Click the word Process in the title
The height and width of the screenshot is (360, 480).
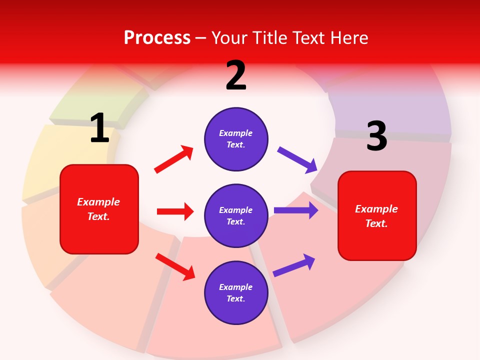point(157,37)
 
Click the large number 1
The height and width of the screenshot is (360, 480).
point(99,128)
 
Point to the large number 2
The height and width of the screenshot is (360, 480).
point(236,75)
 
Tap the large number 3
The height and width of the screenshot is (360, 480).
point(376,136)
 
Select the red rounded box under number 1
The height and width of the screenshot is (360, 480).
point(99,209)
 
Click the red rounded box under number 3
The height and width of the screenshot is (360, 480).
point(377,216)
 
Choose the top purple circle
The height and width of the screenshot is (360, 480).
point(236,139)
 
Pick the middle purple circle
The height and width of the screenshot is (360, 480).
point(236,216)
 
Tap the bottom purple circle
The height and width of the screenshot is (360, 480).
point(236,293)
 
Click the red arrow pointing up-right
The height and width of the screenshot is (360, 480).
point(173,159)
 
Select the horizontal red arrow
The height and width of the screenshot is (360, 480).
point(175,211)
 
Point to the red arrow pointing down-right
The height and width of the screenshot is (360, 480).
point(175,266)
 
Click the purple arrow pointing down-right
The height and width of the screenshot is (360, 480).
point(297,160)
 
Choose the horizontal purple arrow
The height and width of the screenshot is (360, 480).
point(296,210)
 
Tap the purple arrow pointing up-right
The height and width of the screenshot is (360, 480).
point(294,265)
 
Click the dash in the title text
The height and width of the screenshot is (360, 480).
point(201,38)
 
